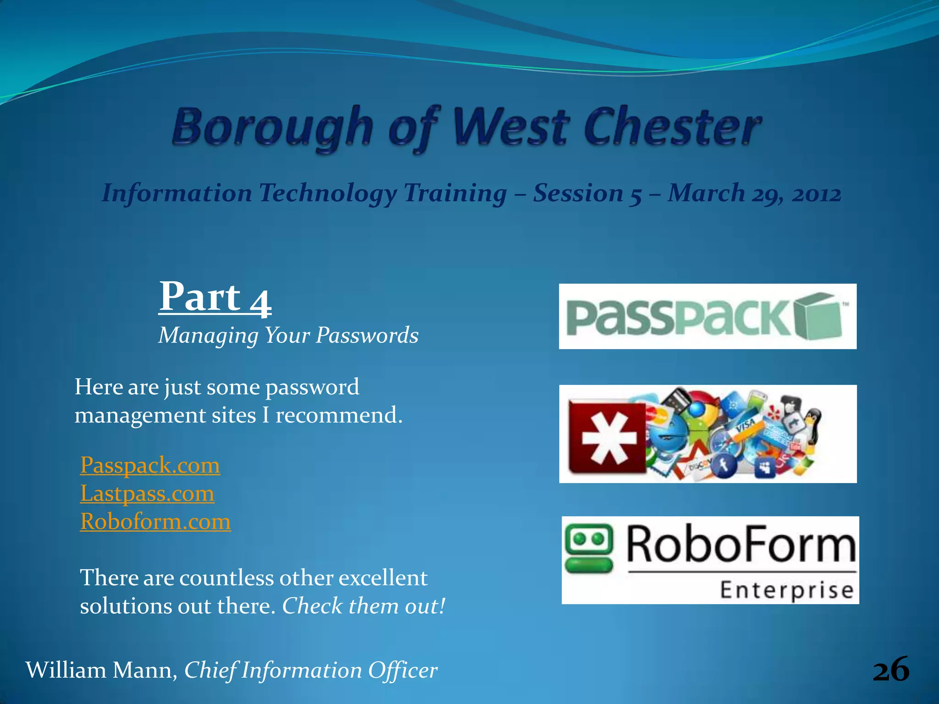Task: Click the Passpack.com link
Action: (x=150, y=465)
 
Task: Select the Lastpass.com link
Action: (x=147, y=494)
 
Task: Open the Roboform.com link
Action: (x=155, y=522)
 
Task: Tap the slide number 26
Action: (x=890, y=670)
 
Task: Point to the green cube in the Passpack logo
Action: (x=819, y=316)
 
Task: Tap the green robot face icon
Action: (x=589, y=548)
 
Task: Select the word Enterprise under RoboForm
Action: (x=787, y=590)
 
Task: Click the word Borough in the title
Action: (x=273, y=127)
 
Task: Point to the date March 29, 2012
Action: (x=754, y=193)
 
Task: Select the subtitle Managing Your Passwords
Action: (x=288, y=335)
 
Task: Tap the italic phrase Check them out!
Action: (x=364, y=606)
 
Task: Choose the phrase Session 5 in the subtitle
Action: (x=587, y=193)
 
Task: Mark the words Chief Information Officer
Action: (x=311, y=670)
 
